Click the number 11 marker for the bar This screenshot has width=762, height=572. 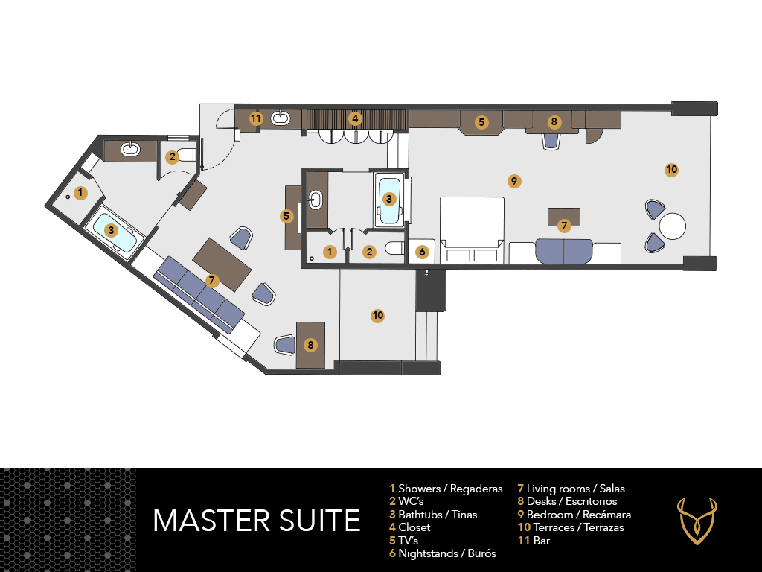click(256, 118)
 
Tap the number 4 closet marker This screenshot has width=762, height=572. click(355, 118)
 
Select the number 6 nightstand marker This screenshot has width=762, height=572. click(422, 252)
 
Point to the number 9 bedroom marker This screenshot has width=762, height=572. click(514, 182)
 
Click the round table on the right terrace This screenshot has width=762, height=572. click(673, 226)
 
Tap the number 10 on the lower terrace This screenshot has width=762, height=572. click(377, 316)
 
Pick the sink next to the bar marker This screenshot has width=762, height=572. click(281, 118)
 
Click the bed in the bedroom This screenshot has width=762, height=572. click(472, 230)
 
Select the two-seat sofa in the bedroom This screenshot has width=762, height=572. click(564, 251)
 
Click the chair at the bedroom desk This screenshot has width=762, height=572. click(551, 141)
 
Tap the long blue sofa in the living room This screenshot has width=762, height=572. click(199, 294)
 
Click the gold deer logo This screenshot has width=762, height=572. click(697, 521)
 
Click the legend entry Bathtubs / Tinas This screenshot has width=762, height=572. click(433, 515)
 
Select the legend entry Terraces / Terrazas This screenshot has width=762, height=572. click(571, 527)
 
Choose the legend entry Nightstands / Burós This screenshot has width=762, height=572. click(442, 553)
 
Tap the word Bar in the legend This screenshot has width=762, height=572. click(542, 541)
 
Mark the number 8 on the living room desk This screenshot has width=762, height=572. click(310, 346)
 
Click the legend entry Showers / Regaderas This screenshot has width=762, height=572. click(446, 489)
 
